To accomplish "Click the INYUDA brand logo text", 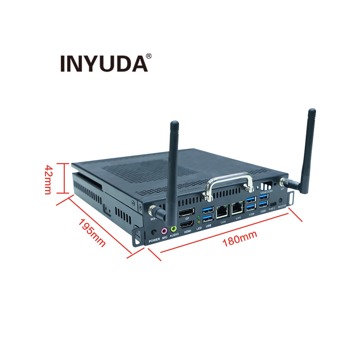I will click(x=104, y=63).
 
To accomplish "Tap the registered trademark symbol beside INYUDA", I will click(x=149, y=56).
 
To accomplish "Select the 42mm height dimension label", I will click(x=48, y=179).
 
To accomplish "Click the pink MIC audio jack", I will click(x=164, y=230).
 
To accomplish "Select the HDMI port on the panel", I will click(x=187, y=225).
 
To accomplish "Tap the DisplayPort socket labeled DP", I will click(x=187, y=212).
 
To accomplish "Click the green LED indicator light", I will click(x=199, y=217).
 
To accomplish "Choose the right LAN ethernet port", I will click(x=238, y=208).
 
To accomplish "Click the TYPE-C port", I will click(x=273, y=204).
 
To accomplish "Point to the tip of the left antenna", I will click(x=174, y=123).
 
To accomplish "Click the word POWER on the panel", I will click(x=154, y=239).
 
